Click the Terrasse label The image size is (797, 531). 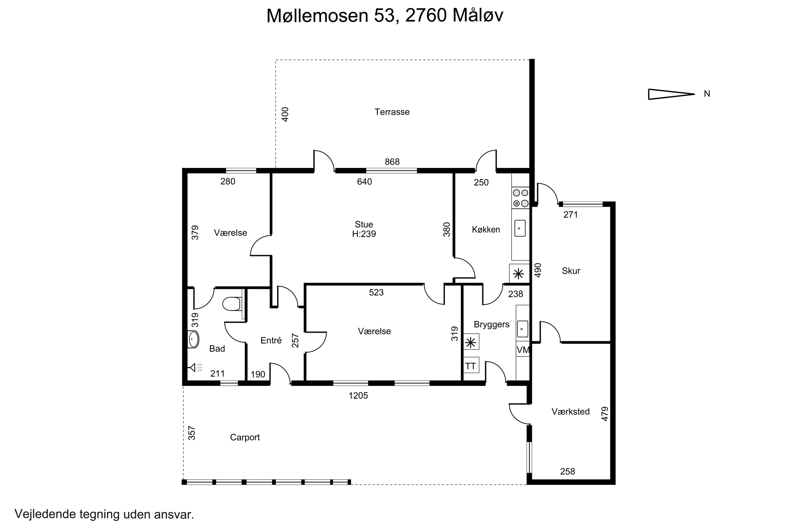(x=392, y=112)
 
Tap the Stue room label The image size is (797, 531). (x=364, y=224)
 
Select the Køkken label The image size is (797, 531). (x=486, y=230)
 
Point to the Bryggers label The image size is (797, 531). (x=491, y=324)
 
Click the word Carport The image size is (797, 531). (x=245, y=437)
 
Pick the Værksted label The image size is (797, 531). (x=571, y=412)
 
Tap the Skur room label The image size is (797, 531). (x=571, y=271)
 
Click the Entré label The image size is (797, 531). (x=271, y=340)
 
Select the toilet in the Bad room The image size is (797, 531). (x=232, y=304)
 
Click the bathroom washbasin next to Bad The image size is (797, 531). (x=193, y=339)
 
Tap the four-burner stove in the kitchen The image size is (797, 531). (x=520, y=198)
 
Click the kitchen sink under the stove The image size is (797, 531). (x=520, y=228)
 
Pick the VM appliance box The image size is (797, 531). (x=523, y=350)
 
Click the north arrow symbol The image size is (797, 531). (x=671, y=94)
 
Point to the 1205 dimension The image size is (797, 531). (x=358, y=396)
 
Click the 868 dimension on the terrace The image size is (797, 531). (x=392, y=162)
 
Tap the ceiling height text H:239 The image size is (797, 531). (x=364, y=234)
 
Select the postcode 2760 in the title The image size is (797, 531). (x=426, y=16)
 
